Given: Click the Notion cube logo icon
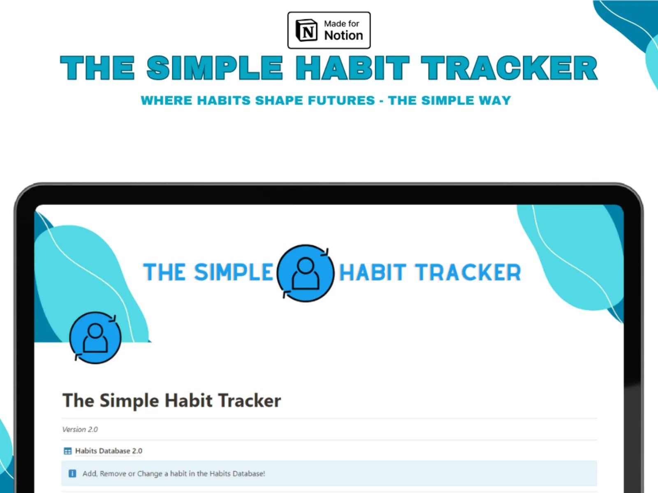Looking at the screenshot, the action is click(x=306, y=30).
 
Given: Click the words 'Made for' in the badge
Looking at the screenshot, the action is click(x=341, y=24).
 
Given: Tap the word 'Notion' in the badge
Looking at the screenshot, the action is click(x=343, y=36).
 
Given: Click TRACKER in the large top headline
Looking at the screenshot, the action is click(x=509, y=68).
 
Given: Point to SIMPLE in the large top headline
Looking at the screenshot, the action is click(x=215, y=68).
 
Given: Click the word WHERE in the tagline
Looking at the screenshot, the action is click(x=167, y=100).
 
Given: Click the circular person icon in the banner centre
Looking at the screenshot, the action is click(x=305, y=273).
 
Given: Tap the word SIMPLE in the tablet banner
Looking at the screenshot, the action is click(x=234, y=272).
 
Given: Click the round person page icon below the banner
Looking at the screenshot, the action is click(x=95, y=338).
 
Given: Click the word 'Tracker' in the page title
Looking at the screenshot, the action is click(x=249, y=400).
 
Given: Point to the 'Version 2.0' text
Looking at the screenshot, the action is click(x=80, y=430).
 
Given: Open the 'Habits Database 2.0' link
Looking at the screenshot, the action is click(x=109, y=451).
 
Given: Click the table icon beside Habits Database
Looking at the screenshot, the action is click(x=68, y=451).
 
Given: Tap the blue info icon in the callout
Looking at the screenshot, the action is click(x=72, y=473).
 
